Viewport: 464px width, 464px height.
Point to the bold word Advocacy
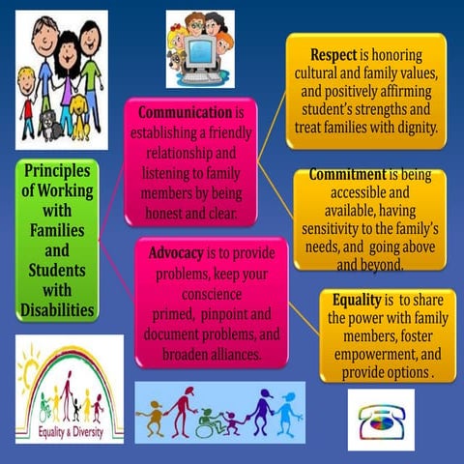[175, 253]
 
